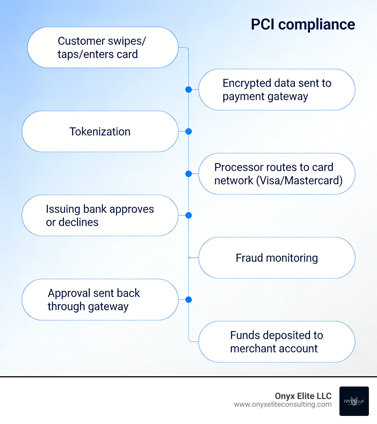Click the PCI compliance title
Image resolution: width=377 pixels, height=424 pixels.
[303, 24]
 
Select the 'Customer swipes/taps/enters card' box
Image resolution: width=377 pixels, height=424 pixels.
[103, 47]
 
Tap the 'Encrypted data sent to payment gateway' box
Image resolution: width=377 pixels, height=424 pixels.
[276, 90]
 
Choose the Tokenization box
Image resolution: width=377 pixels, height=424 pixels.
[100, 132]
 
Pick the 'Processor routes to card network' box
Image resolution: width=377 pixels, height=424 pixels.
[276, 174]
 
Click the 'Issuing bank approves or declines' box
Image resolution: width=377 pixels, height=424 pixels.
[100, 215]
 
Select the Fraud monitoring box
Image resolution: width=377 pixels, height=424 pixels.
[276, 258]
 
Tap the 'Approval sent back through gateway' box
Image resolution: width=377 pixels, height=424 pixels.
[100, 299]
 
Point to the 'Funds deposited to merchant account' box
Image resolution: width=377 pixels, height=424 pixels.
[276, 342]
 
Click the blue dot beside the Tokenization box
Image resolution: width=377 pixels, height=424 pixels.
[188, 132]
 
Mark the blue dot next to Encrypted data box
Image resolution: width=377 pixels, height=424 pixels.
[188, 89]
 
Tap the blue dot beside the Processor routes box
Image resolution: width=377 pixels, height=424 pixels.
[188, 174]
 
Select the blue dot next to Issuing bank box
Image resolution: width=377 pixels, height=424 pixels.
[188, 215]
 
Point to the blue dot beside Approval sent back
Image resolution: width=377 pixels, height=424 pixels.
[188, 300]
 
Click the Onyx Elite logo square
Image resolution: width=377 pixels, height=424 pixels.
[354, 401]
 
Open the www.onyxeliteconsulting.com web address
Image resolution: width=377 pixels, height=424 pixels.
[283, 405]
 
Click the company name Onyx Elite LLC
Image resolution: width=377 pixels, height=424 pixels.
[303, 396]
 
